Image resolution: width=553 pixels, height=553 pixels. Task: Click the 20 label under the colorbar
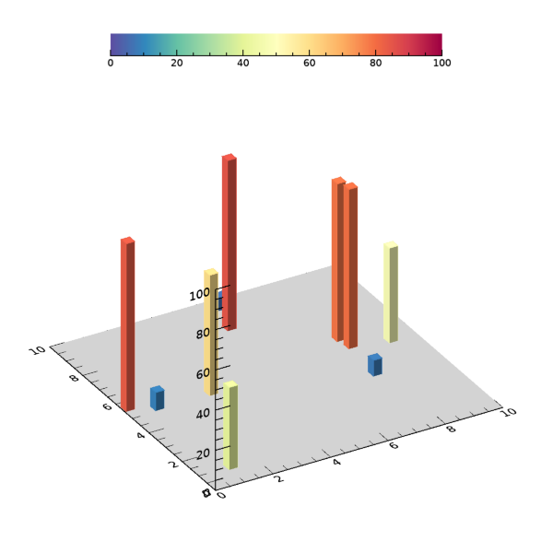(177, 63)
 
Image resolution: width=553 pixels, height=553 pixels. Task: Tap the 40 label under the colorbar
(243, 63)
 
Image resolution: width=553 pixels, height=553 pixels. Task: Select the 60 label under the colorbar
(310, 63)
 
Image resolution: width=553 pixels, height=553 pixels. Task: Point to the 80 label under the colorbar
(376, 63)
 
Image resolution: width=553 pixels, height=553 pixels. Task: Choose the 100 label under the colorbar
(441, 63)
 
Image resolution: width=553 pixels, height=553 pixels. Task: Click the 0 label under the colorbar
(111, 63)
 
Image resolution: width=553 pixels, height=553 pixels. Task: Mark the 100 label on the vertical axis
(200, 295)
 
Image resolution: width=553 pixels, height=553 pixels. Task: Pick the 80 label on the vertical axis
(203, 333)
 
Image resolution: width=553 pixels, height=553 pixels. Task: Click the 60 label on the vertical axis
(203, 373)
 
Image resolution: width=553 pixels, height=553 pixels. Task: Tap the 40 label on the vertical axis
(203, 413)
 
